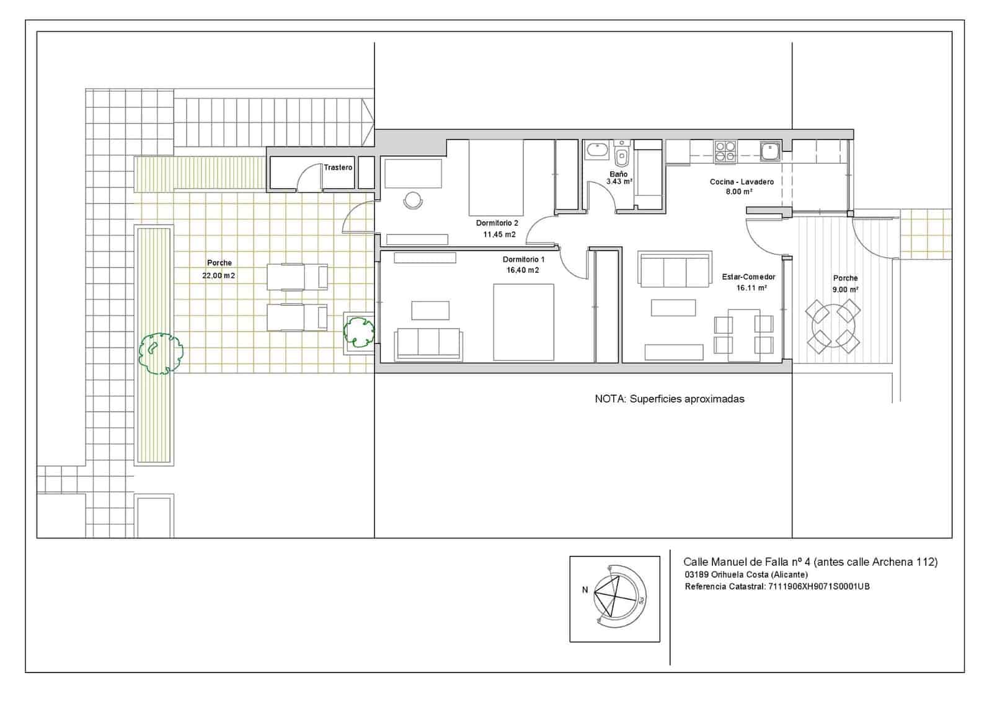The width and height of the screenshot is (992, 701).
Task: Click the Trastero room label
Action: [x=338, y=167]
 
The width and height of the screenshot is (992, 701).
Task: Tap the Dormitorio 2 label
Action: [x=497, y=223]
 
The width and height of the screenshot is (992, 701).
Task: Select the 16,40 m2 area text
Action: [x=523, y=270]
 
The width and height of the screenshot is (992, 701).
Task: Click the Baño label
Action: [x=618, y=174]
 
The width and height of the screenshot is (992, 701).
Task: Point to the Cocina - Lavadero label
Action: [x=742, y=182]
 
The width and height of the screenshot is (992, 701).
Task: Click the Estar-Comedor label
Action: [x=748, y=277]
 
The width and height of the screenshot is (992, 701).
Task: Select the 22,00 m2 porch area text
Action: [x=219, y=275]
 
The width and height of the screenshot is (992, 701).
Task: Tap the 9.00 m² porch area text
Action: [x=845, y=290]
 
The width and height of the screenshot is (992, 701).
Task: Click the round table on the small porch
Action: [x=832, y=326]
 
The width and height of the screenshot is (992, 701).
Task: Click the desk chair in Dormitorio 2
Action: [x=413, y=200]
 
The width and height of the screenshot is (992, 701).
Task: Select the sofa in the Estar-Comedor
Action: [x=675, y=270]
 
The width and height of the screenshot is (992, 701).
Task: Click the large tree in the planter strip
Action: [x=160, y=353]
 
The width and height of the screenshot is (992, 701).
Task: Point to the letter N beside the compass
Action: [x=585, y=590]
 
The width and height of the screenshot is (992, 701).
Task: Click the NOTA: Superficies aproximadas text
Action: [x=669, y=399]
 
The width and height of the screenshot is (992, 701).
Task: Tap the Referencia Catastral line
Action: [x=777, y=586]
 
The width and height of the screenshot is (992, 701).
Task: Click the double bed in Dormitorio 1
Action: [x=523, y=322]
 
